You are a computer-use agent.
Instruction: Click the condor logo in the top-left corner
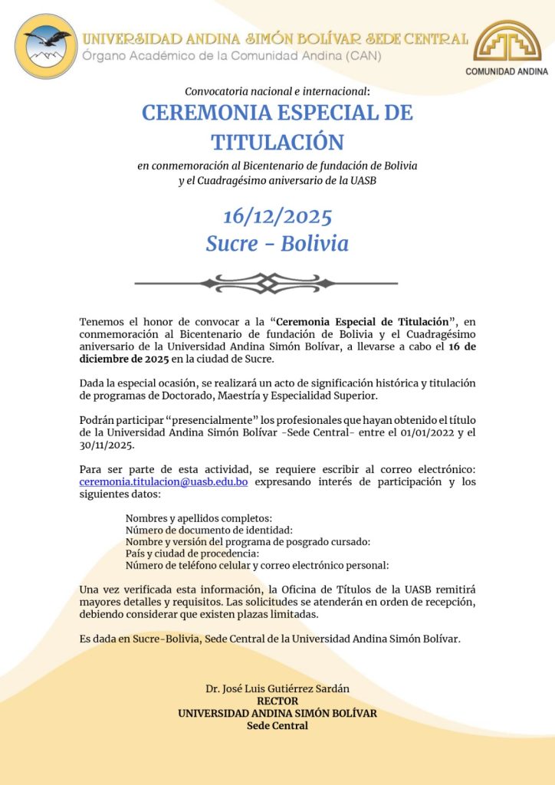point(46,46)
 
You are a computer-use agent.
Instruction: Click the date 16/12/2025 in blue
point(277,216)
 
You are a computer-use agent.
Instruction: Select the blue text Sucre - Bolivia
point(277,244)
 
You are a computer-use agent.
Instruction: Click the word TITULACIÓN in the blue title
point(277,142)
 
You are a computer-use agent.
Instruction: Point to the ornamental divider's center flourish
point(266,283)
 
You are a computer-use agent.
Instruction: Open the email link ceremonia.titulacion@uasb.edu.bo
point(163,482)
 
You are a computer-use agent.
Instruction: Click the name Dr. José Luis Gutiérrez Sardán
point(277,689)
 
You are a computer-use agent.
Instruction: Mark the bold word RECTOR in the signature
point(277,701)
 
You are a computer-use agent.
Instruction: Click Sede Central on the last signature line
point(277,725)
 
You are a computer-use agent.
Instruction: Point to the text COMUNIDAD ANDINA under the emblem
point(507,71)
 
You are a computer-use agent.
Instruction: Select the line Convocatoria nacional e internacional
point(277,91)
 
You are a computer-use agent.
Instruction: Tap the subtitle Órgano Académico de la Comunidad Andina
point(232,54)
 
